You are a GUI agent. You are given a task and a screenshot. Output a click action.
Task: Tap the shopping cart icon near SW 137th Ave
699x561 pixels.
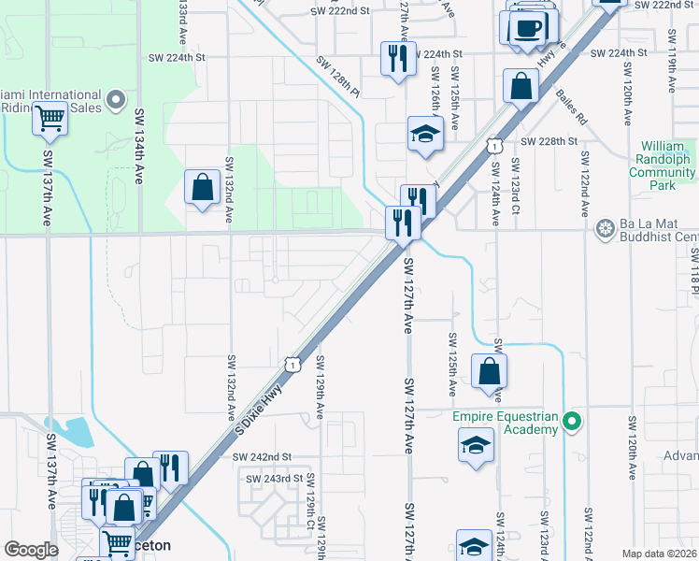pyautogui.click(x=50, y=120)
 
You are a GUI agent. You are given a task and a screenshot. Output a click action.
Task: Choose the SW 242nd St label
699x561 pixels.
pyautogui.click(x=263, y=456)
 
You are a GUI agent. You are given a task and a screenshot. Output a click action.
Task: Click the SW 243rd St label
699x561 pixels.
pyautogui.click(x=275, y=479)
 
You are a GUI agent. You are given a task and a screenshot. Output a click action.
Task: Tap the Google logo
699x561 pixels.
pyautogui.click(x=30, y=550)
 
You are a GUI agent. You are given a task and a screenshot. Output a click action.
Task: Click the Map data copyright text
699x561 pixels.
pyautogui.click(x=659, y=554)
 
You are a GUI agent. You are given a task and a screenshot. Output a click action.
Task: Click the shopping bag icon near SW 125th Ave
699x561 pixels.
pyautogui.click(x=489, y=371)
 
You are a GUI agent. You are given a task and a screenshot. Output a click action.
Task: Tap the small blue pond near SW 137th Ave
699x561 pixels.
pyautogui.click(x=79, y=432)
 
